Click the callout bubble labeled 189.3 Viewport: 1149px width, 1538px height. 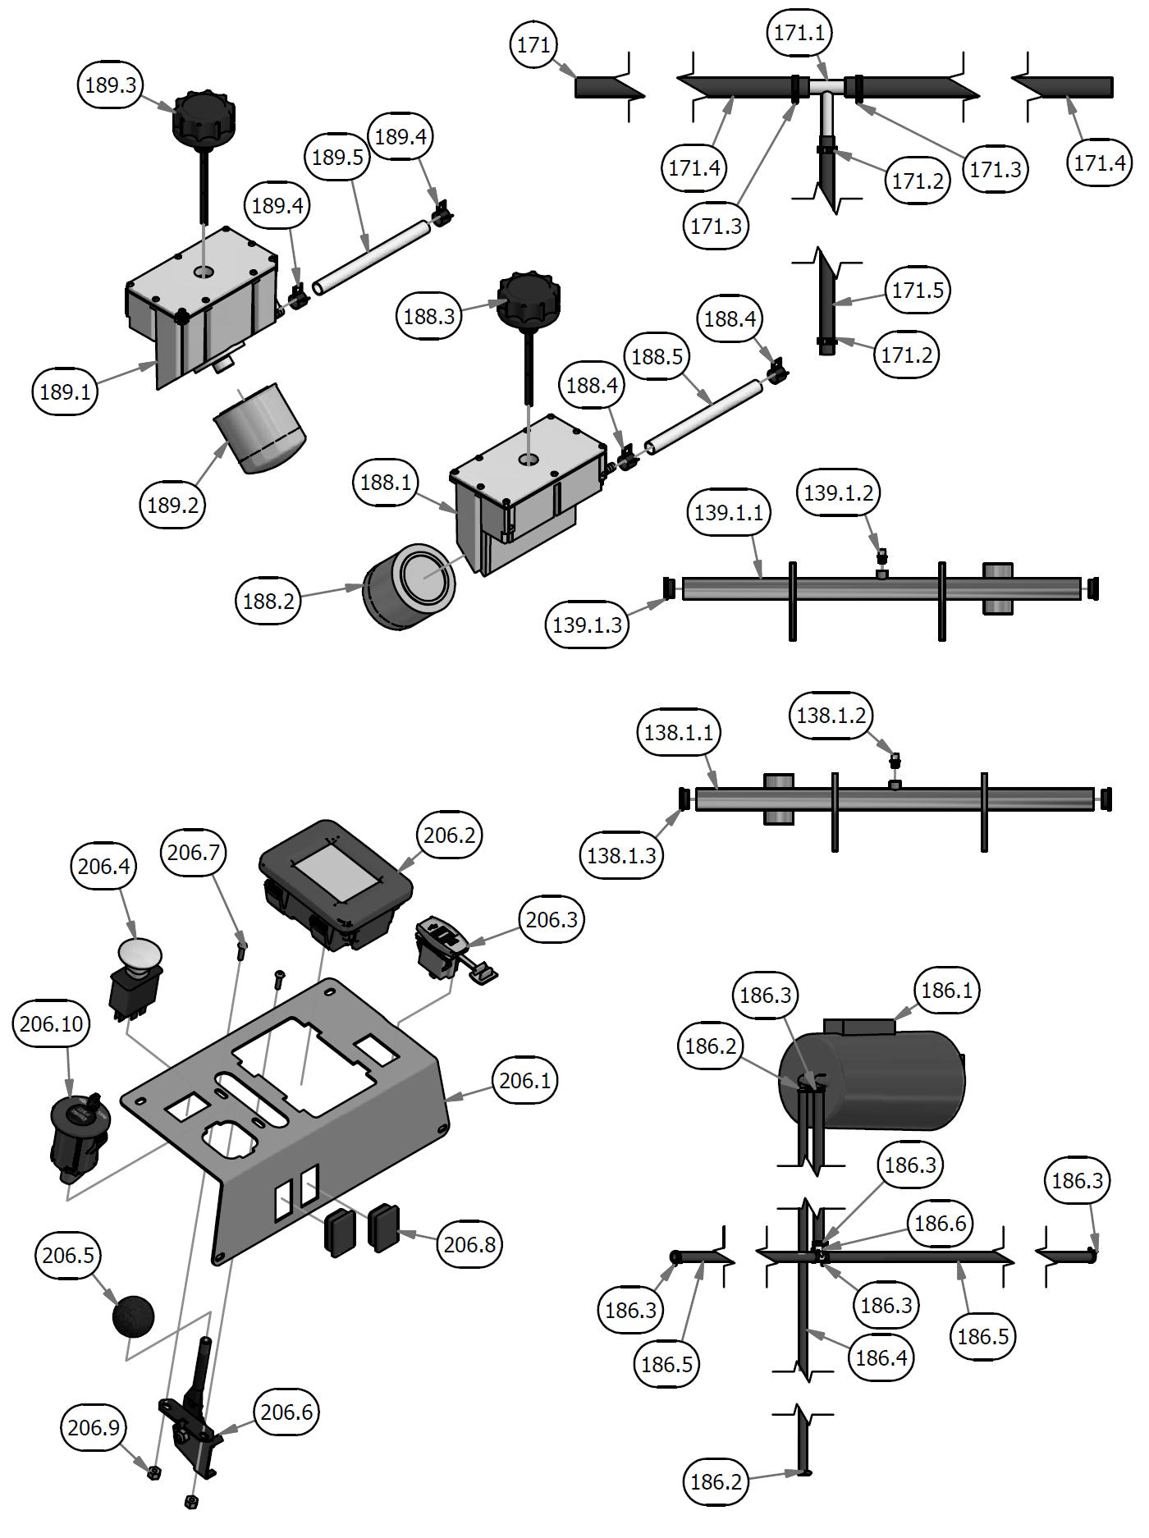point(110,85)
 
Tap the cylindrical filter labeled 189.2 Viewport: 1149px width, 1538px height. point(261,428)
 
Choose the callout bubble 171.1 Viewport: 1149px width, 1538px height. point(800,34)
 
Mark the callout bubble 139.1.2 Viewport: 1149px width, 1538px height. point(838,492)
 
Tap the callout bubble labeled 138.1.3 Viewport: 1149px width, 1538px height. point(622,855)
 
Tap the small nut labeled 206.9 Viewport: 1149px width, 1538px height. point(153,1472)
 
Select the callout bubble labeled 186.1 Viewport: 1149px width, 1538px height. point(946,991)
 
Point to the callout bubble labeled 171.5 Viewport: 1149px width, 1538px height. point(918,290)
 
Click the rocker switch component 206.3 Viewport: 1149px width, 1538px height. point(440,947)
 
